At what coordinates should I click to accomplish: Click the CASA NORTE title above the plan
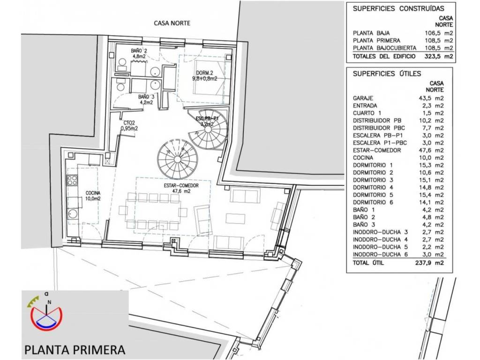(172, 23)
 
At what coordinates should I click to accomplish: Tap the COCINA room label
(93, 193)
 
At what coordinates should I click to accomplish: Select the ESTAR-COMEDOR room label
(181, 186)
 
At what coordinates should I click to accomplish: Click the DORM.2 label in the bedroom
(204, 73)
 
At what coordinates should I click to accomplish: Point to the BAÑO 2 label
(139, 51)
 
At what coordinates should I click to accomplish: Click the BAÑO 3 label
(146, 97)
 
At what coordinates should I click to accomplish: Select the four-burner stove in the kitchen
(73, 180)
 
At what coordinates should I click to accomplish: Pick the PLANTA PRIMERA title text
(75, 350)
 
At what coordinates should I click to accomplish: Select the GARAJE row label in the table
(363, 98)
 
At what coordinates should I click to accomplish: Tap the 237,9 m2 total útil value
(429, 262)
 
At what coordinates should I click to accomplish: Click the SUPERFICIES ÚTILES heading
(387, 74)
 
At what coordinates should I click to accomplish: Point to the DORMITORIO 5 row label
(373, 195)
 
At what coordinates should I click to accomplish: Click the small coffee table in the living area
(235, 218)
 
